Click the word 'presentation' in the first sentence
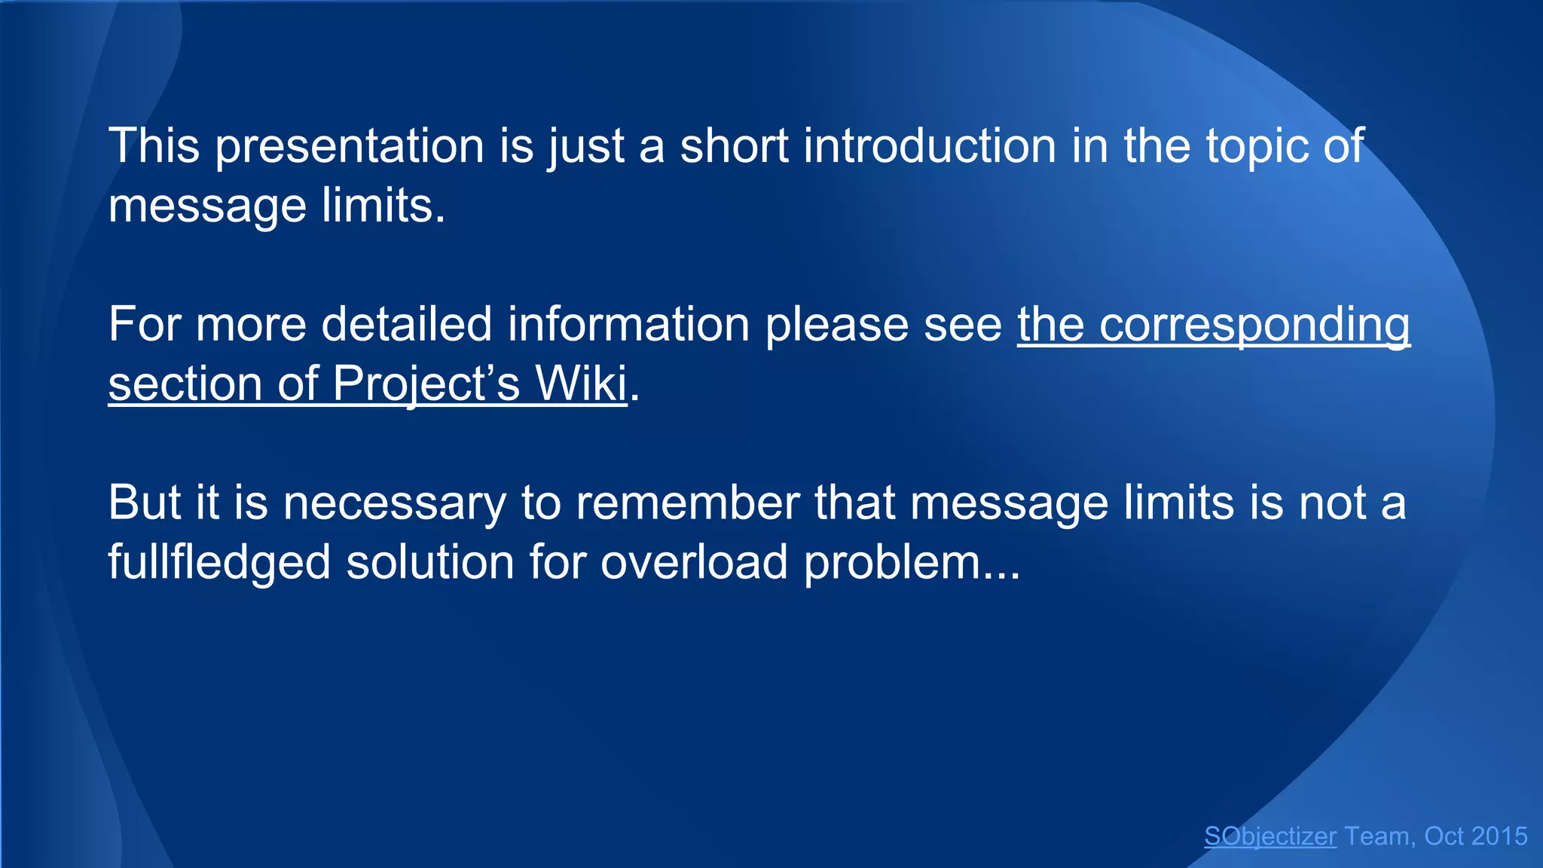(x=350, y=146)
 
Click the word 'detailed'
(x=407, y=324)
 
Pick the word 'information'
(x=628, y=324)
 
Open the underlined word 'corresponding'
(x=1254, y=325)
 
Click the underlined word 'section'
(x=185, y=384)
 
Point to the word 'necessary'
(x=394, y=503)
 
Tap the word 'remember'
(x=687, y=503)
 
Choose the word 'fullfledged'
(x=219, y=563)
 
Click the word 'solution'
(x=429, y=562)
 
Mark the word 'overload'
(x=694, y=562)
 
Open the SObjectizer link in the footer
(x=1270, y=836)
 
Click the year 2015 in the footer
(x=1499, y=836)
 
